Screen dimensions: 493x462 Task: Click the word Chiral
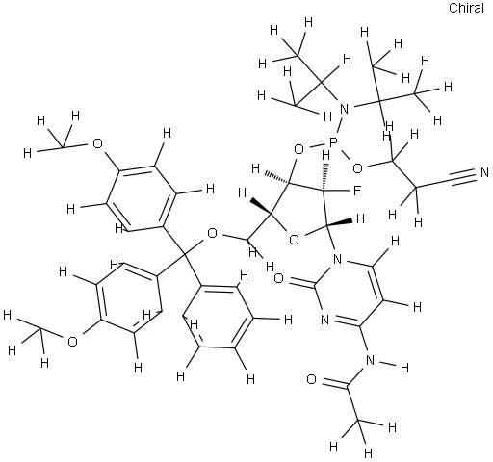pyautogui.click(x=466, y=8)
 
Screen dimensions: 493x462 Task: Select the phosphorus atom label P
pyautogui.click(x=333, y=141)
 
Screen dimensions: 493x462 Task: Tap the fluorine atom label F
pyautogui.click(x=356, y=192)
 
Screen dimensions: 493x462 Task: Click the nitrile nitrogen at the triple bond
pyautogui.click(x=484, y=173)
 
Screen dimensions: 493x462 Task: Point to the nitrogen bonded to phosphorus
pyautogui.click(x=344, y=109)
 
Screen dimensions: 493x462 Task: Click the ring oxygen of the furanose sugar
pyautogui.click(x=294, y=239)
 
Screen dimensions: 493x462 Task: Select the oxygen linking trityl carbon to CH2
pyautogui.click(x=212, y=233)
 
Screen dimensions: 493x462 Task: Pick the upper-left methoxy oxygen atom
pyautogui.click(x=97, y=143)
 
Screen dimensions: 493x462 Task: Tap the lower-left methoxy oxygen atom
pyautogui.click(x=73, y=342)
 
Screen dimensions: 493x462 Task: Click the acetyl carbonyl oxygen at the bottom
pyautogui.click(x=311, y=379)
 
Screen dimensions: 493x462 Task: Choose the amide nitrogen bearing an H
pyautogui.click(x=370, y=360)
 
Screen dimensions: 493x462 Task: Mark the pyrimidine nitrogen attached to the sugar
pyautogui.click(x=337, y=258)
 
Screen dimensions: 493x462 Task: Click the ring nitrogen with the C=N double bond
pyautogui.click(x=324, y=320)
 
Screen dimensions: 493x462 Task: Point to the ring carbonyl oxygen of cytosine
pyautogui.click(x=278, y=278)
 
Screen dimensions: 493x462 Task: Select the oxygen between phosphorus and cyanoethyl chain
pyautogui.click(x=357, y=167)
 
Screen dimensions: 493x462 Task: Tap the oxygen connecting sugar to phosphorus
pyautogui.click(x=298, y=149)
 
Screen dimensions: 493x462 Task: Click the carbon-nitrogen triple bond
pyautogui.click(x=464, y=177)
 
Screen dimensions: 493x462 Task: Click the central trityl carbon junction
pyautogui.click(x=185, y=255)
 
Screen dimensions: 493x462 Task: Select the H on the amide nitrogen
pyautogui.click(x=404, y=368)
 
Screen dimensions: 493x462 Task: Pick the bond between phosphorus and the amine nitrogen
pyautogui.click(x=339, y=125)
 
